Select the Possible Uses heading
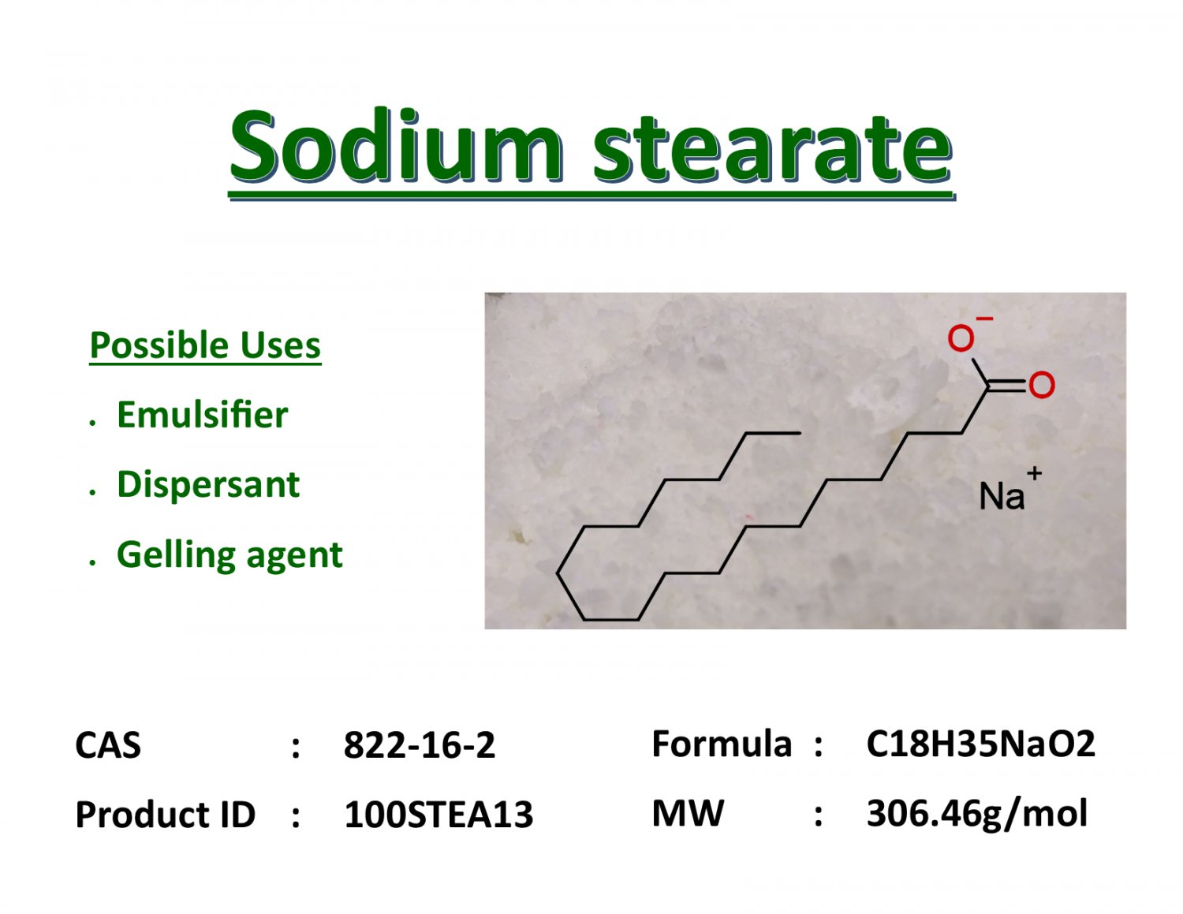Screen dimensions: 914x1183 (205, 345)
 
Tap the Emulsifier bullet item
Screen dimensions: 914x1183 (202, 415)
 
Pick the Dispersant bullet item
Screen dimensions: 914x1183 (208, 484)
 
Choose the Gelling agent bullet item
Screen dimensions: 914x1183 (230, 554)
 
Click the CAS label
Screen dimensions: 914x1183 (108, 745)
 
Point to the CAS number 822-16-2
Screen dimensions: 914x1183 (420, 745)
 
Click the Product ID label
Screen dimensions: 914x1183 (166, 815)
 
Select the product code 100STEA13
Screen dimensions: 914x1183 (438, 815)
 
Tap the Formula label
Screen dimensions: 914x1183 (721, 744)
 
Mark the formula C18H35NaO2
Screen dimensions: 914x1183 (980, 744)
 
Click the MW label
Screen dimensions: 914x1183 (688, 813)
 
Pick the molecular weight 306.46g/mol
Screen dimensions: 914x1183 (976, 813)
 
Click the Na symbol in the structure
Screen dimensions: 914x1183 (1001, 496)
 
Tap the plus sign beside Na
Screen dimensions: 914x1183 (1035, 473)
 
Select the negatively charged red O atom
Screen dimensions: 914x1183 (961, 339)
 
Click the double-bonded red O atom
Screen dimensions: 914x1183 (1041, 385)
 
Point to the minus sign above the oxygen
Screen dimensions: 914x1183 (984, 319)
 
